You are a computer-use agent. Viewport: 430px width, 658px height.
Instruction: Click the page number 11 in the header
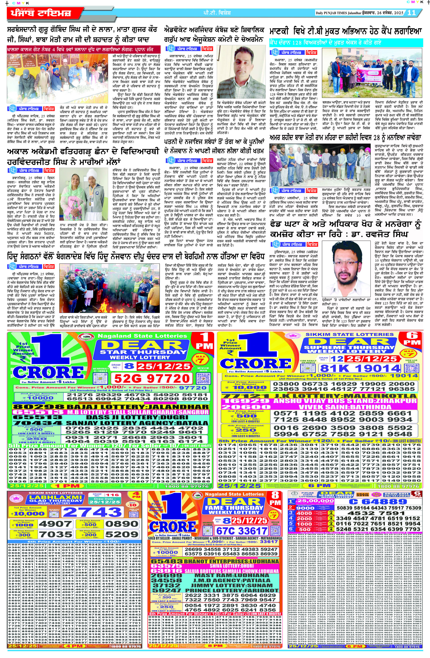pos(412,13)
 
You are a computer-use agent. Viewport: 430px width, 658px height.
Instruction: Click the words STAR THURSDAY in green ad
pos(143,352)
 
